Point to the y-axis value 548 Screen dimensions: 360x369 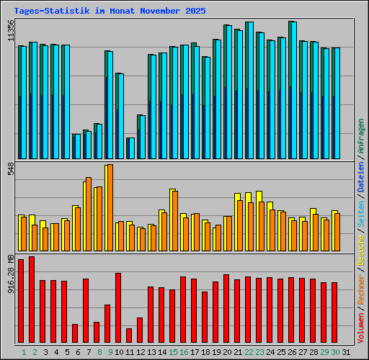point(11,171)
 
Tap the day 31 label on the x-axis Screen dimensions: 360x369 point(346,352)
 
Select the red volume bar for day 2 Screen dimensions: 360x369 point(32,300)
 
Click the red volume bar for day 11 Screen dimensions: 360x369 point(129,336)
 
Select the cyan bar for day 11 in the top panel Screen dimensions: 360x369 point(131,148)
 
